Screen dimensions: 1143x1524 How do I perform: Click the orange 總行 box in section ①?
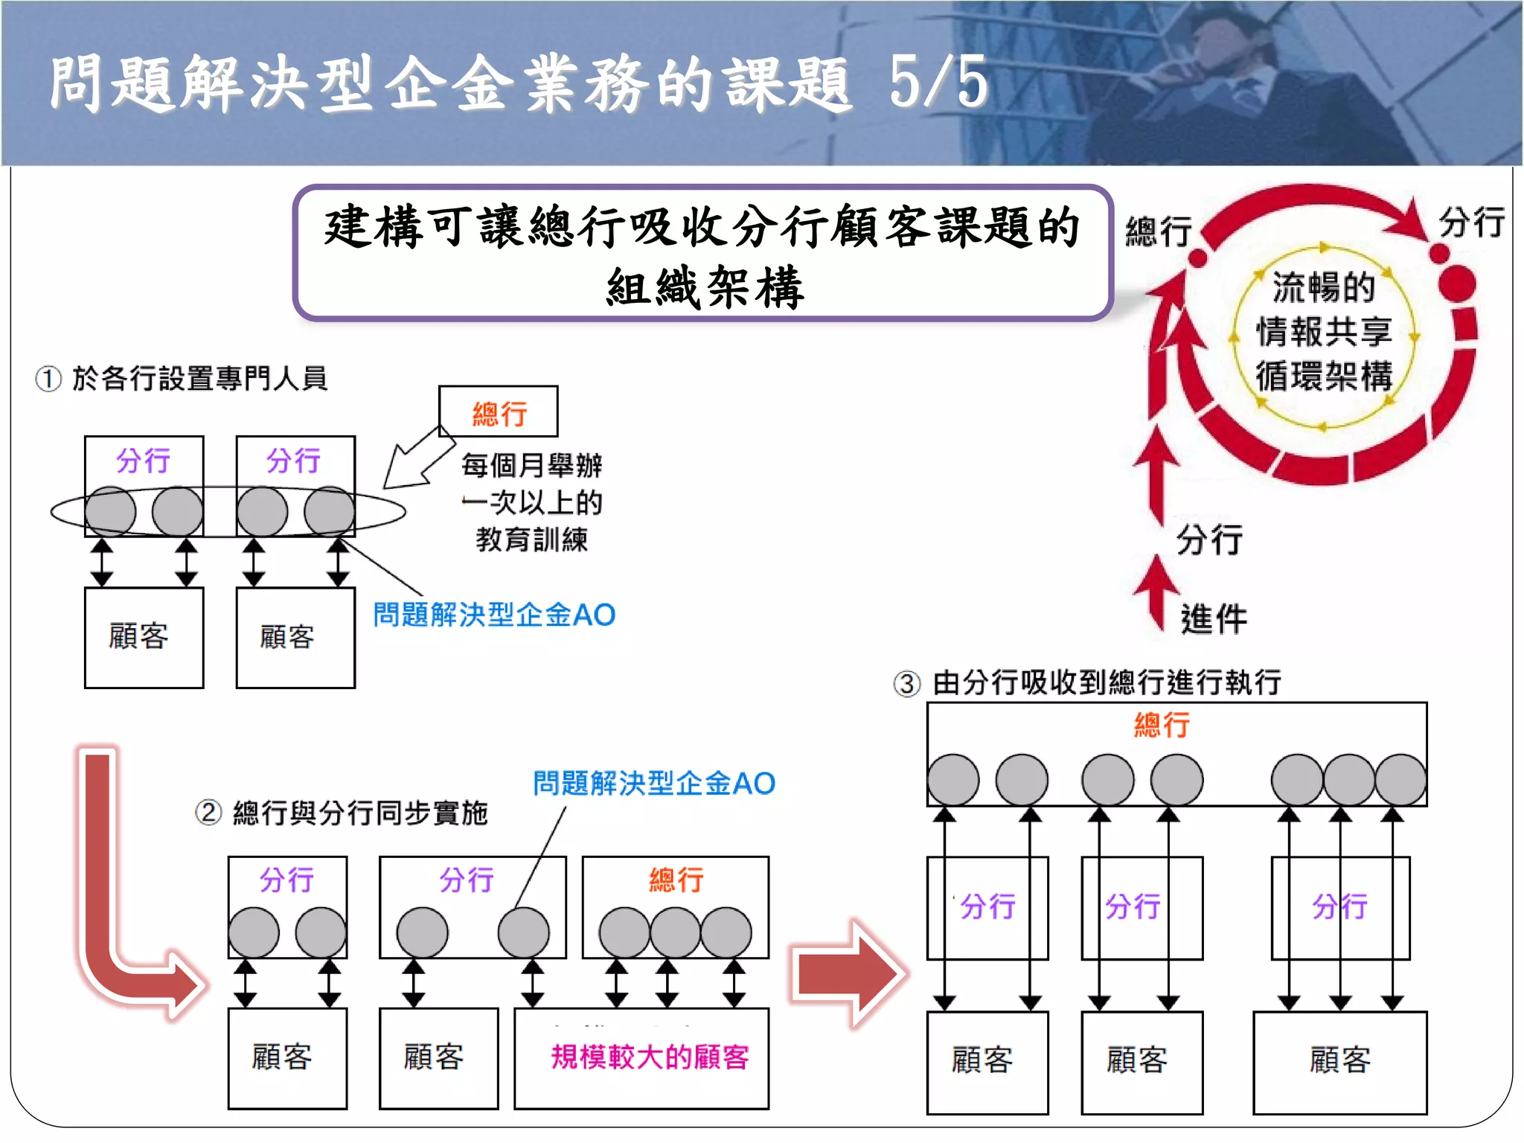click(499, 412)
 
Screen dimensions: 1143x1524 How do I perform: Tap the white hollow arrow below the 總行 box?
click(417, 458)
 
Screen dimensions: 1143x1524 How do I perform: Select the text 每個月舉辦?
click(531, 466)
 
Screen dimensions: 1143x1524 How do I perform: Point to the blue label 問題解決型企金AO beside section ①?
click(494, 615)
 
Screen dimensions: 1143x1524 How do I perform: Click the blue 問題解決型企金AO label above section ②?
click(654, 783)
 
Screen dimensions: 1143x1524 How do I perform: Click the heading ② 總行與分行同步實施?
click(342, 813)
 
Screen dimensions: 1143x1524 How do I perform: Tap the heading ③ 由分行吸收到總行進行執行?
click(1088, 682)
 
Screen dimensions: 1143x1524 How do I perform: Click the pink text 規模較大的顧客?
click(650, 1057)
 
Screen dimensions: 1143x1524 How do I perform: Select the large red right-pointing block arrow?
click(848, 973)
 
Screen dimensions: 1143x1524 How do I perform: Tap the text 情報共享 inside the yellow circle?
click(1324, 332)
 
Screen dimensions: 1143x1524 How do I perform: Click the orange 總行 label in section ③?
click(1162, 724)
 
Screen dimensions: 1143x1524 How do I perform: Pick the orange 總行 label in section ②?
click(676, 880)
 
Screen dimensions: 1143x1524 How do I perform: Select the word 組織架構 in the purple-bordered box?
click(705, 287)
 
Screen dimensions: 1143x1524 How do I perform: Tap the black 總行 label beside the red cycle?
click(1159, 231)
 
